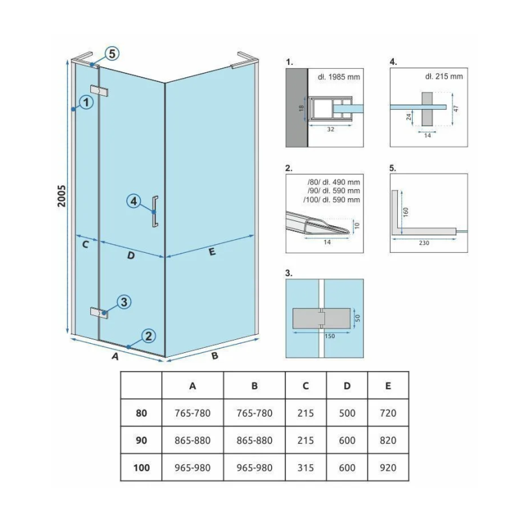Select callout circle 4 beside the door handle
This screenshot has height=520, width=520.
point(133,201)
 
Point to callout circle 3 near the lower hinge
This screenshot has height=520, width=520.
point(125,302)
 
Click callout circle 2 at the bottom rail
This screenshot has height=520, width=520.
point(149,336)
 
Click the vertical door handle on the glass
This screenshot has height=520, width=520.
point(154,211)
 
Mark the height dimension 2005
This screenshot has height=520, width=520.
point(61,195)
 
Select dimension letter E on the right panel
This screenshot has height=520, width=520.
point(212,253)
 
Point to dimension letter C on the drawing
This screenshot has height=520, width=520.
point(84,245)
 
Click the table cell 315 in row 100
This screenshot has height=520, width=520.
point(305,467)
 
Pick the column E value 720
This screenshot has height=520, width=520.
point(388,413)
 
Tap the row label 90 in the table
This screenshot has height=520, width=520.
point(141,440)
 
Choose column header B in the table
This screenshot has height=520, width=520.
point(255,385)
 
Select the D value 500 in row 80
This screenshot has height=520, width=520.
point(347,413)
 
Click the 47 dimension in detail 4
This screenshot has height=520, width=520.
point(456,109)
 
